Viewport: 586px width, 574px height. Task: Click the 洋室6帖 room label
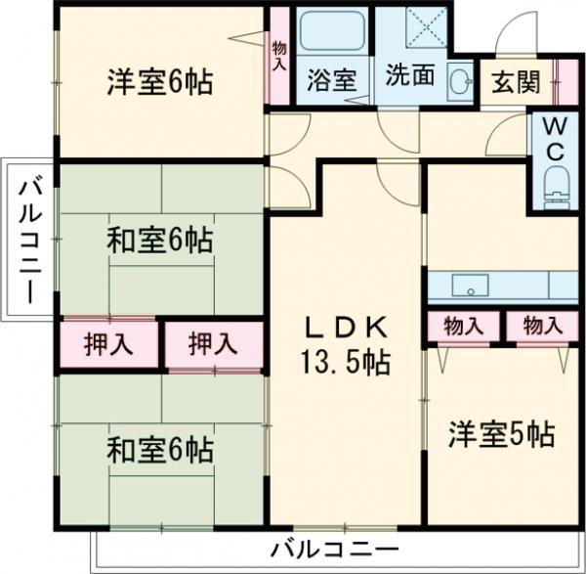coord(159,83)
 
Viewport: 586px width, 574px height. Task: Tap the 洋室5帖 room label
coord(502,433)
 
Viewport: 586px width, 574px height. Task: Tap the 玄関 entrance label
coord(514,82)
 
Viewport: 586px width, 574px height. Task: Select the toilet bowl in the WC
coord(554,184)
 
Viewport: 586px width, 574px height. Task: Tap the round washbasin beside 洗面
coord(458,80)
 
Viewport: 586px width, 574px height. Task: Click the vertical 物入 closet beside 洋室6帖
coord(279,56)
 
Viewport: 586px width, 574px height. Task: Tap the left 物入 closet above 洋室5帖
coord(463,326)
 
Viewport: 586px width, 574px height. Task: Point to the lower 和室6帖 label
coord(159,452)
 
